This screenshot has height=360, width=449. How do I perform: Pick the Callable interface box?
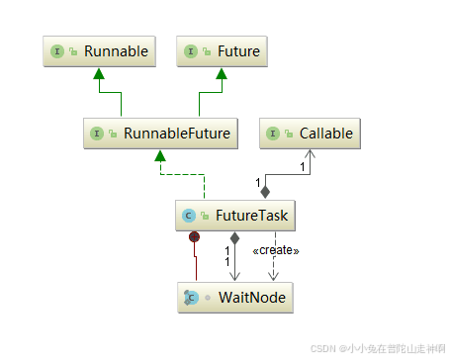coord(308,133)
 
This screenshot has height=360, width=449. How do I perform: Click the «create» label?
coord(277,250)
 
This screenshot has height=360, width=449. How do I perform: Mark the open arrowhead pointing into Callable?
coord(312,155)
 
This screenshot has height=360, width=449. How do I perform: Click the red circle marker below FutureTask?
coord(196,236)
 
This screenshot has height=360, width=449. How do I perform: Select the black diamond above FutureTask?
coord(265,190)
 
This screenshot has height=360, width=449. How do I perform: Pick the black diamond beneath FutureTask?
coord(234,237)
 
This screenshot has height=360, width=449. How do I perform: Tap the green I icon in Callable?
coord(273,133)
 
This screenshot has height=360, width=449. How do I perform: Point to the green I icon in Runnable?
coord(57,51)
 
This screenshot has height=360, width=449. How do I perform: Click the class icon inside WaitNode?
coord(190,297)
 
